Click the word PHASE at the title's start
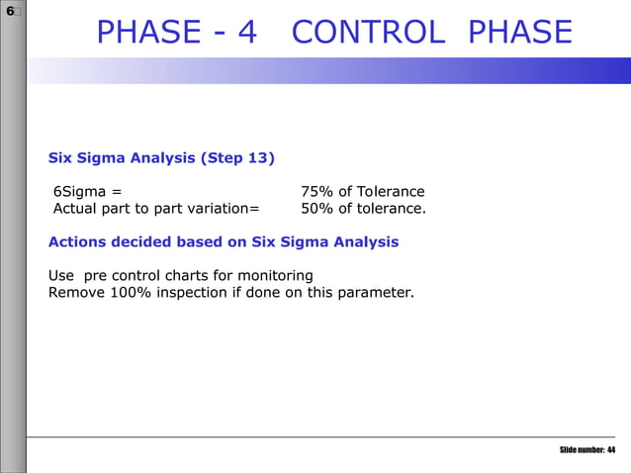(x=146, y=33)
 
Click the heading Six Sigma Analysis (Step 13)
(x=162, y=157)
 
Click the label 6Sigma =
(x=87, y=191)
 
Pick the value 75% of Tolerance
(x=362, y=191)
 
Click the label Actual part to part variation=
(x=155, y=208)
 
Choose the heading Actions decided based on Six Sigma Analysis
(x=224, y=241)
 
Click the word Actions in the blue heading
(x=80, y=241)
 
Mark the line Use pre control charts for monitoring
(x=181, y=275)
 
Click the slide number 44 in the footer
(x=611, y=450)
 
